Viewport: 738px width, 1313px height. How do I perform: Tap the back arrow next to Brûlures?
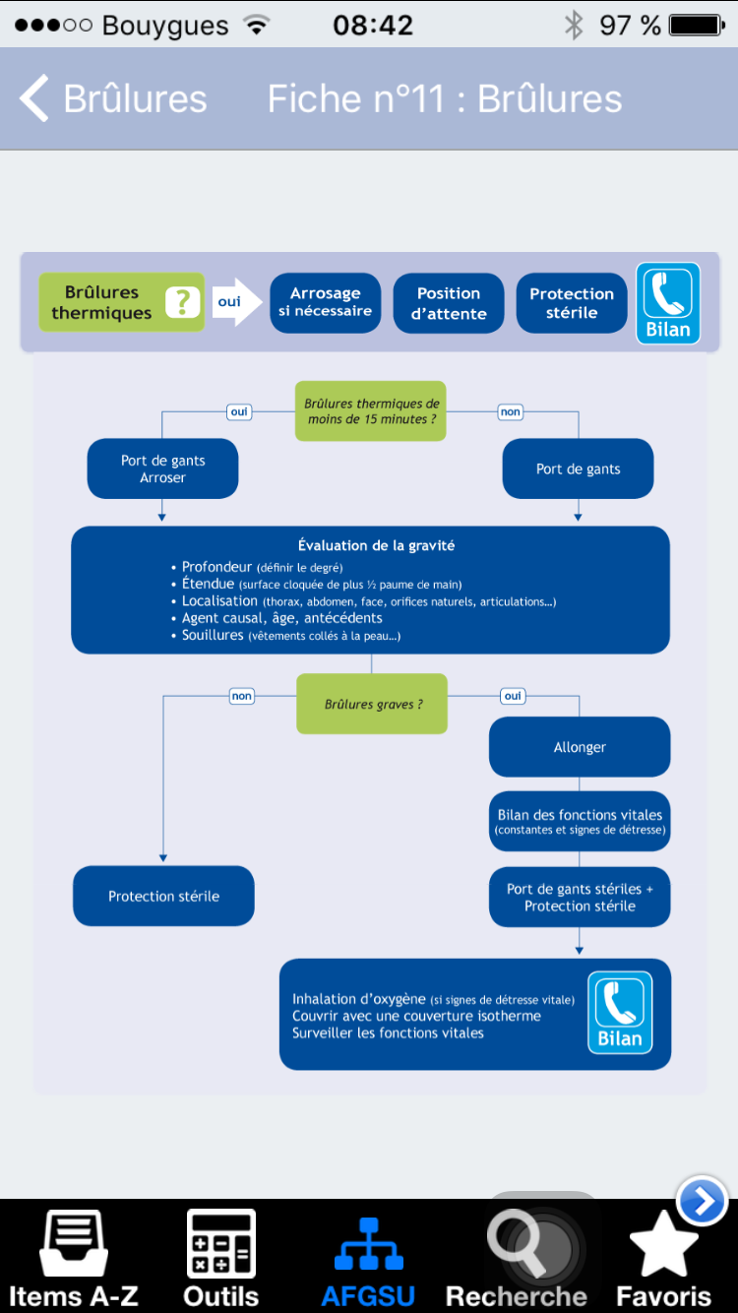(x=34, y=97)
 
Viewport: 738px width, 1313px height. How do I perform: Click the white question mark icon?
(x=182, y=302)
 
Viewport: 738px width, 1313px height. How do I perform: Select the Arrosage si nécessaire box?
(x=326, y=302)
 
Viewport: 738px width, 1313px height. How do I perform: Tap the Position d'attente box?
(x=449, y=302)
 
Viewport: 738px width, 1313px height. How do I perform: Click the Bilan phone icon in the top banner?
(x=668, y=303)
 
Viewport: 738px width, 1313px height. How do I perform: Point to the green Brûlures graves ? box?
(x=372, y=704)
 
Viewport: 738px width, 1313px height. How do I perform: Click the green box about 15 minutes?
(x=370, y=410)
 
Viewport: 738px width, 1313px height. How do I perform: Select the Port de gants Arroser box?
(x=163, y=469)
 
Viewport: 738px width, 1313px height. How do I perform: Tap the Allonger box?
(x=580, y=747)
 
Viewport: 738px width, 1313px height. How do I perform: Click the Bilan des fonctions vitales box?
(x=580, y=821)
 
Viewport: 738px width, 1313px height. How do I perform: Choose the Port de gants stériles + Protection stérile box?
(x=580, y=897)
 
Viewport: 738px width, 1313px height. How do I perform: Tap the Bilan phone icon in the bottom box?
(x=620, y=1012)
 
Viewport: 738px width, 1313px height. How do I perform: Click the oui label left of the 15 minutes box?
(x=239, y=411)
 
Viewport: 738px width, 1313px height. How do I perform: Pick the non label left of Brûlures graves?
(x=241, y=696)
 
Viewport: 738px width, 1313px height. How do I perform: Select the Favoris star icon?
(x=663, y=1244)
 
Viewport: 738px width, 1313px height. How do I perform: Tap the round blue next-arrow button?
(x=702, y=1201)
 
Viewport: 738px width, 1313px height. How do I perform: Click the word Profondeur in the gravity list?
(x=216, y=567)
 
